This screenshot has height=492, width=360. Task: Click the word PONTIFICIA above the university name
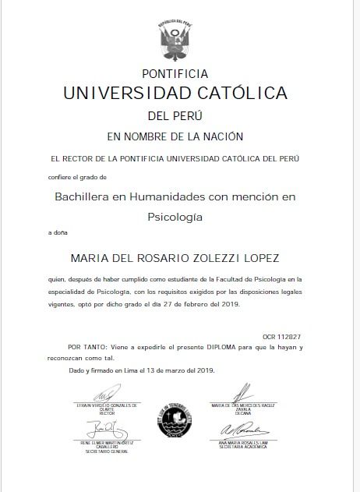(175, 74)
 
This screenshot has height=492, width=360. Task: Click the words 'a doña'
(58, 233)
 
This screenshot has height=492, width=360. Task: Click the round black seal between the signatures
(175, 430)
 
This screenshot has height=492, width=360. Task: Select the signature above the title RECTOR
(102, 396)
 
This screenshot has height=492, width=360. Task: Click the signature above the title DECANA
(243, 392)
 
